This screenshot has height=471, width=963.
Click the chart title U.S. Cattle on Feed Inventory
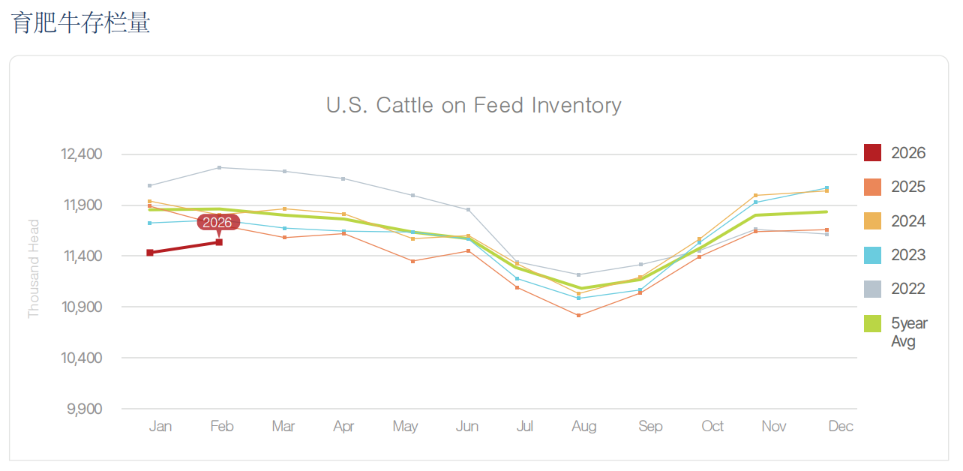pyautogui.click(x=473, y=105)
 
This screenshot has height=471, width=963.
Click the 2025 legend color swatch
pyautogui.click(x=872, y=187)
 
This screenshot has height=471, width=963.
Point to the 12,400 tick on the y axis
pyautogui.click(x=80, y=154)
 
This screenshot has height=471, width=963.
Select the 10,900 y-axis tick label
pyautogui.click(x=80, y=307)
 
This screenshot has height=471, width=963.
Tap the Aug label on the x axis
pyautogui.click(x=583, y=427)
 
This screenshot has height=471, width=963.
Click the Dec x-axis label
pyautogui.click(x=841, y=427)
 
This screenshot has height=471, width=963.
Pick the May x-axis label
pyautogui.click(x=405, y=427)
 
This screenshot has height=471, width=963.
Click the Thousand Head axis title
pyautogui.click(x=34, y=268)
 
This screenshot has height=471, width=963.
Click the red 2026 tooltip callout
pyautogui.click(x=218, y=222)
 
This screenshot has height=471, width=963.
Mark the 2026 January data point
pyautogui.click(x=150, y=253)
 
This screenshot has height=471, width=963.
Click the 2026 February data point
pyautogui.click(x=219, y=242)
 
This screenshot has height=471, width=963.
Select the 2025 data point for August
pyautogui.click(x=579, y=316)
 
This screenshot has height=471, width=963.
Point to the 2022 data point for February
pyautogui.click(x=219, y=167)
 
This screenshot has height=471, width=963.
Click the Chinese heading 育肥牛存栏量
pyautogui.click(x=81, y=22)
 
